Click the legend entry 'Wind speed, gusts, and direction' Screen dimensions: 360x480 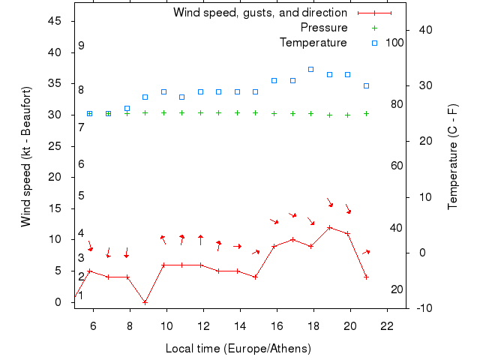click(259, 13)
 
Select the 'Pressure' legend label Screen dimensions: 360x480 click(324, 28)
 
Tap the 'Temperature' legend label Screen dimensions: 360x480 click(313, 43)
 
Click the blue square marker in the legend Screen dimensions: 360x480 click(375, 43)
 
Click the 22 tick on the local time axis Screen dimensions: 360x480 click(387, 326)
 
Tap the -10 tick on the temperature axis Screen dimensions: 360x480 click(423, 307)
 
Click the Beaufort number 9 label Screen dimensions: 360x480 click(81, 46)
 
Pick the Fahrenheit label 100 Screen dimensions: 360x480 click(395, 43)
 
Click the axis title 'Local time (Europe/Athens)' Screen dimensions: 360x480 click(238, 349)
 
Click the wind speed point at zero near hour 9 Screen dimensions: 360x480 click(145, 302)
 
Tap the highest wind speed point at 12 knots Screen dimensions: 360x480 click(329, 227)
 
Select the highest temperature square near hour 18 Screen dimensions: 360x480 click(310, 69)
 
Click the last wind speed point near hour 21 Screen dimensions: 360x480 click(366, 277)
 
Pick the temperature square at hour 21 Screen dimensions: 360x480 click(366, 85)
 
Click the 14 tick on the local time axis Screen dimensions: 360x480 click(240, 326)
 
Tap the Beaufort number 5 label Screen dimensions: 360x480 click(81, 196)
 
